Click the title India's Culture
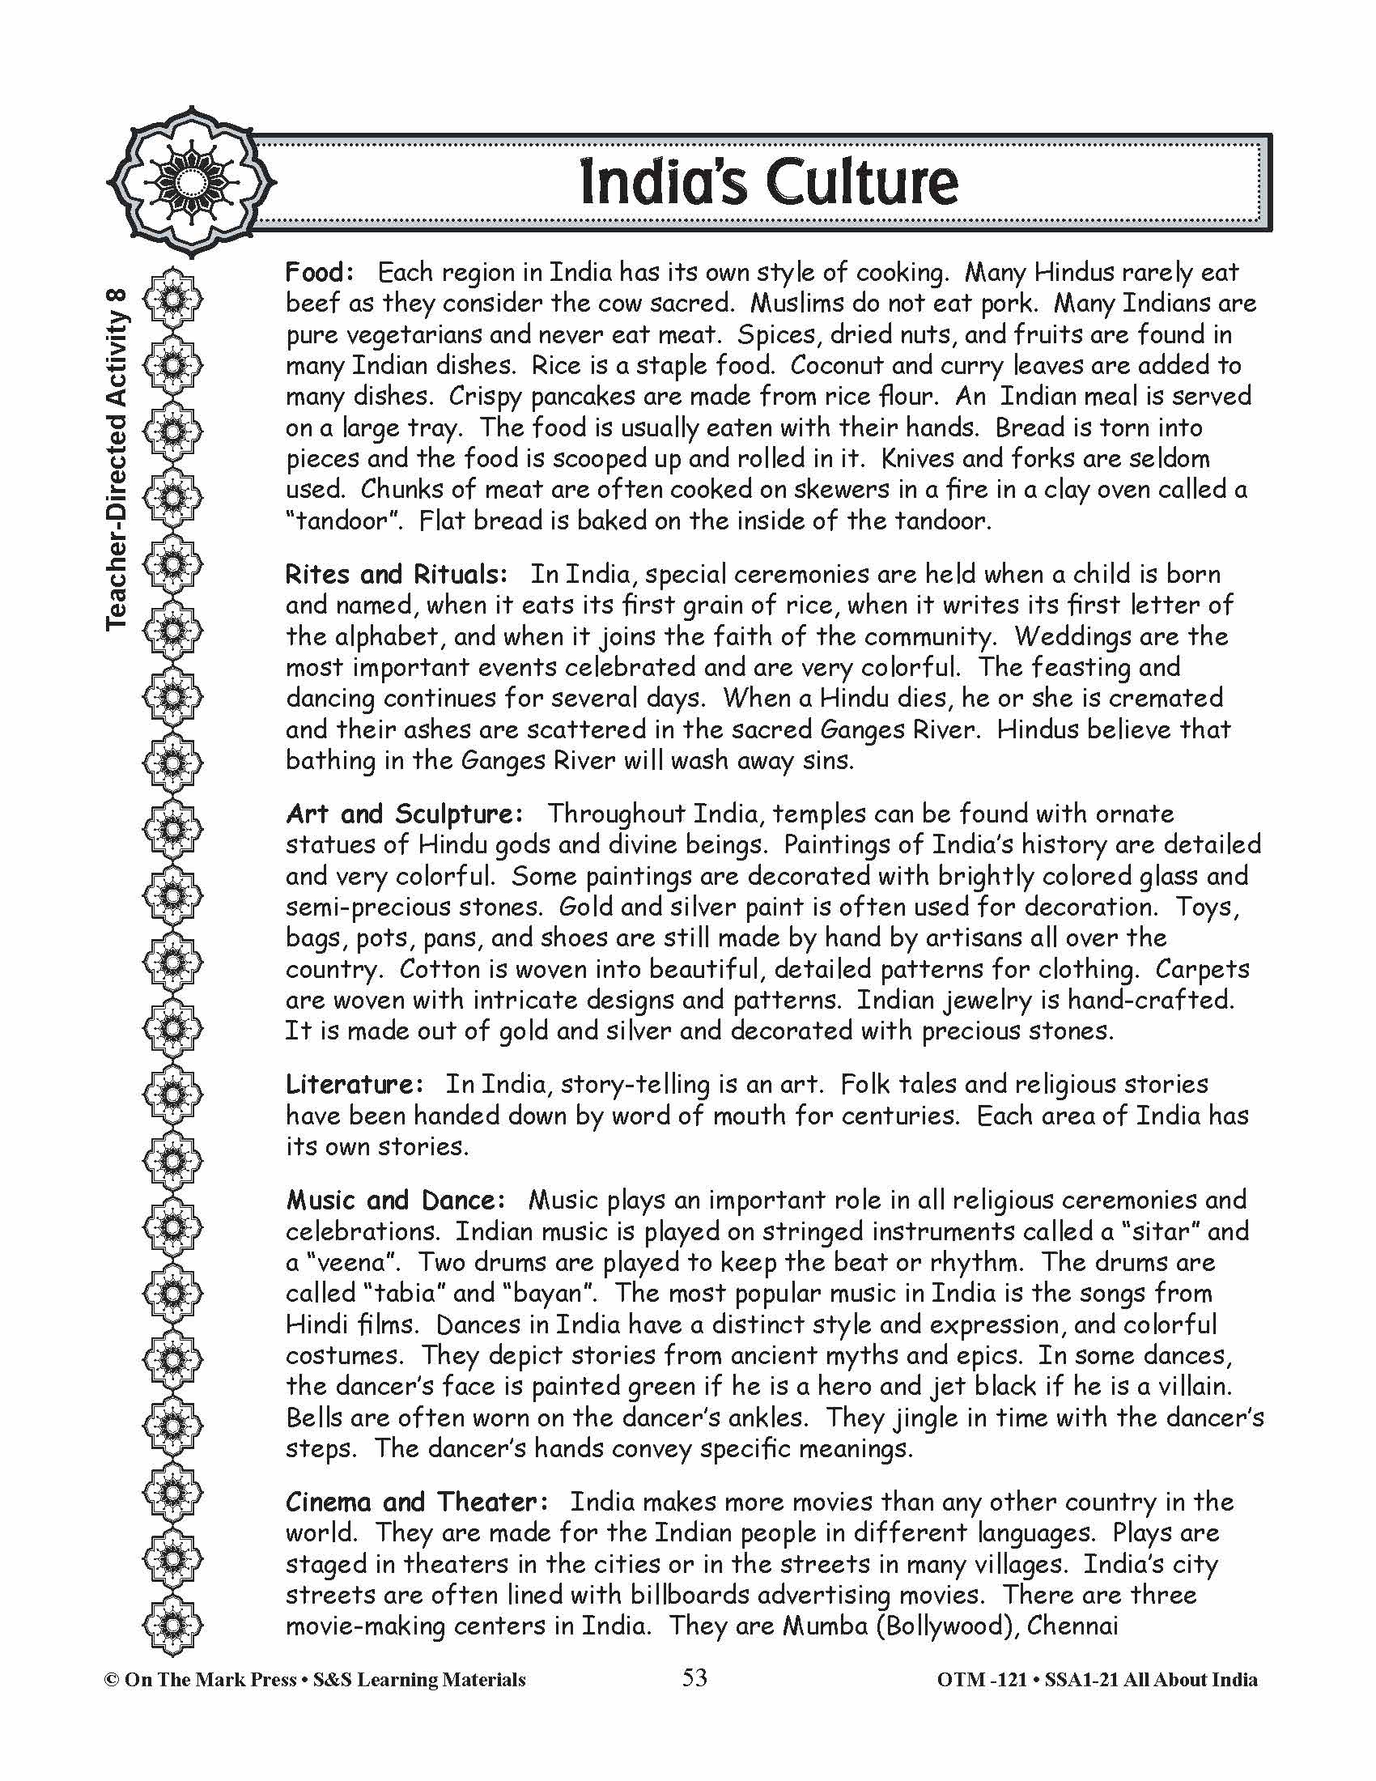point(768,184)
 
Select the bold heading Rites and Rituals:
point(396,575)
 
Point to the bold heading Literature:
point(355,1085)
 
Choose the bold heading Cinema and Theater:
point(417,1502)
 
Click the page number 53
point(694,1678)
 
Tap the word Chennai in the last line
point(1072,1626)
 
